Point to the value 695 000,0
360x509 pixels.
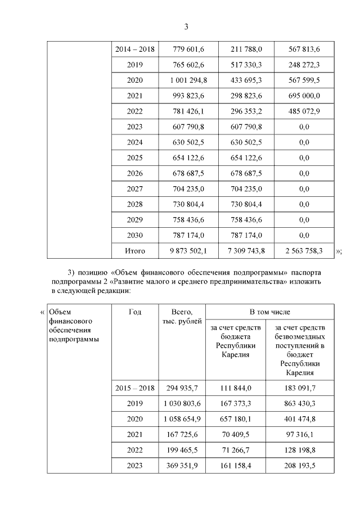304,96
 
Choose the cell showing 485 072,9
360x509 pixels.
304,111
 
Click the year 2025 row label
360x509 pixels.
135,158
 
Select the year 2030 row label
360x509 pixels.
135,236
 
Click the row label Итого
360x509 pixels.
135,251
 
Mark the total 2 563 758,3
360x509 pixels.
304,251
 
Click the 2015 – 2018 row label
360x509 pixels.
135,388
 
